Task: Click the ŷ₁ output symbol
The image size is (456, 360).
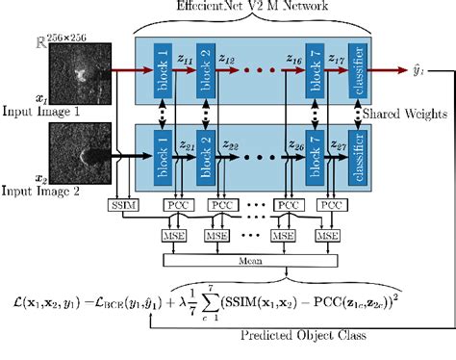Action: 431,69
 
